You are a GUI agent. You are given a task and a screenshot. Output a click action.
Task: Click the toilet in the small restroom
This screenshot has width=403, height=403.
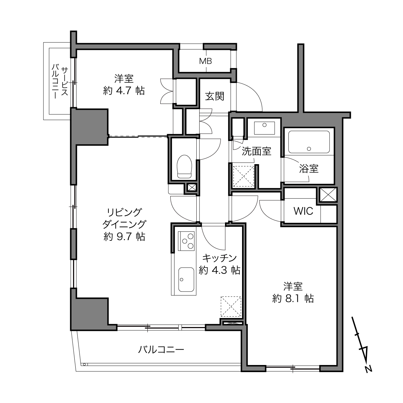184,166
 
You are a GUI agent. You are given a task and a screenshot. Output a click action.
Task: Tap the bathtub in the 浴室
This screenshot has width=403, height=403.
309,142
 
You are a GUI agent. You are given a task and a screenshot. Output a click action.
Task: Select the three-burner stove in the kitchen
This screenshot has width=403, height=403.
186,241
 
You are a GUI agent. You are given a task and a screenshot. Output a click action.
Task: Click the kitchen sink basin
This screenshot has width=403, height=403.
186,279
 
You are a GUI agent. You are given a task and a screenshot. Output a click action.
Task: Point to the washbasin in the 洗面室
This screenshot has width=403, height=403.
265,128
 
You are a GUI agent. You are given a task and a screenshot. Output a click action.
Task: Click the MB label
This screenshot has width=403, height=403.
205,61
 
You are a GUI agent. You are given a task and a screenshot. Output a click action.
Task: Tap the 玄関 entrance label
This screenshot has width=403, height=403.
215,97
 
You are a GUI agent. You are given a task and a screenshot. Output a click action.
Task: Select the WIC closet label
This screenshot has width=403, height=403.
303,211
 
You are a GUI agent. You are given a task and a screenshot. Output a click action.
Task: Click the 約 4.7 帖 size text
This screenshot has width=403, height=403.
124,91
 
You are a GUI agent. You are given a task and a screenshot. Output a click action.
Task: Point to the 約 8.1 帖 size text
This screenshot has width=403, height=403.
293,298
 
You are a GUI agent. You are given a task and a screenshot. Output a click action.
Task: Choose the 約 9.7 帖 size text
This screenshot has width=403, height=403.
124,237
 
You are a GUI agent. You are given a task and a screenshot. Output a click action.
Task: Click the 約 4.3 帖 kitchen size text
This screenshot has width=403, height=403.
220,270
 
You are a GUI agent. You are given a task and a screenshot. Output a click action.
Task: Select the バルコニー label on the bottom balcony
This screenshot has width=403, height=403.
161,349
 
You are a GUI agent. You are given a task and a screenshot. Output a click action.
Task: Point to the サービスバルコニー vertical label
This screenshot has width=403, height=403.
60,83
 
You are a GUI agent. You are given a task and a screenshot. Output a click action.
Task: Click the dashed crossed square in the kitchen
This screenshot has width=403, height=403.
231,306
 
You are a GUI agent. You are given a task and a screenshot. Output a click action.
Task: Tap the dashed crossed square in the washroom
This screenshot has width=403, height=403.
243,176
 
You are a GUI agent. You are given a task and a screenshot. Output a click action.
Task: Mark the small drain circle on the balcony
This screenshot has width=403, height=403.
84,364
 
